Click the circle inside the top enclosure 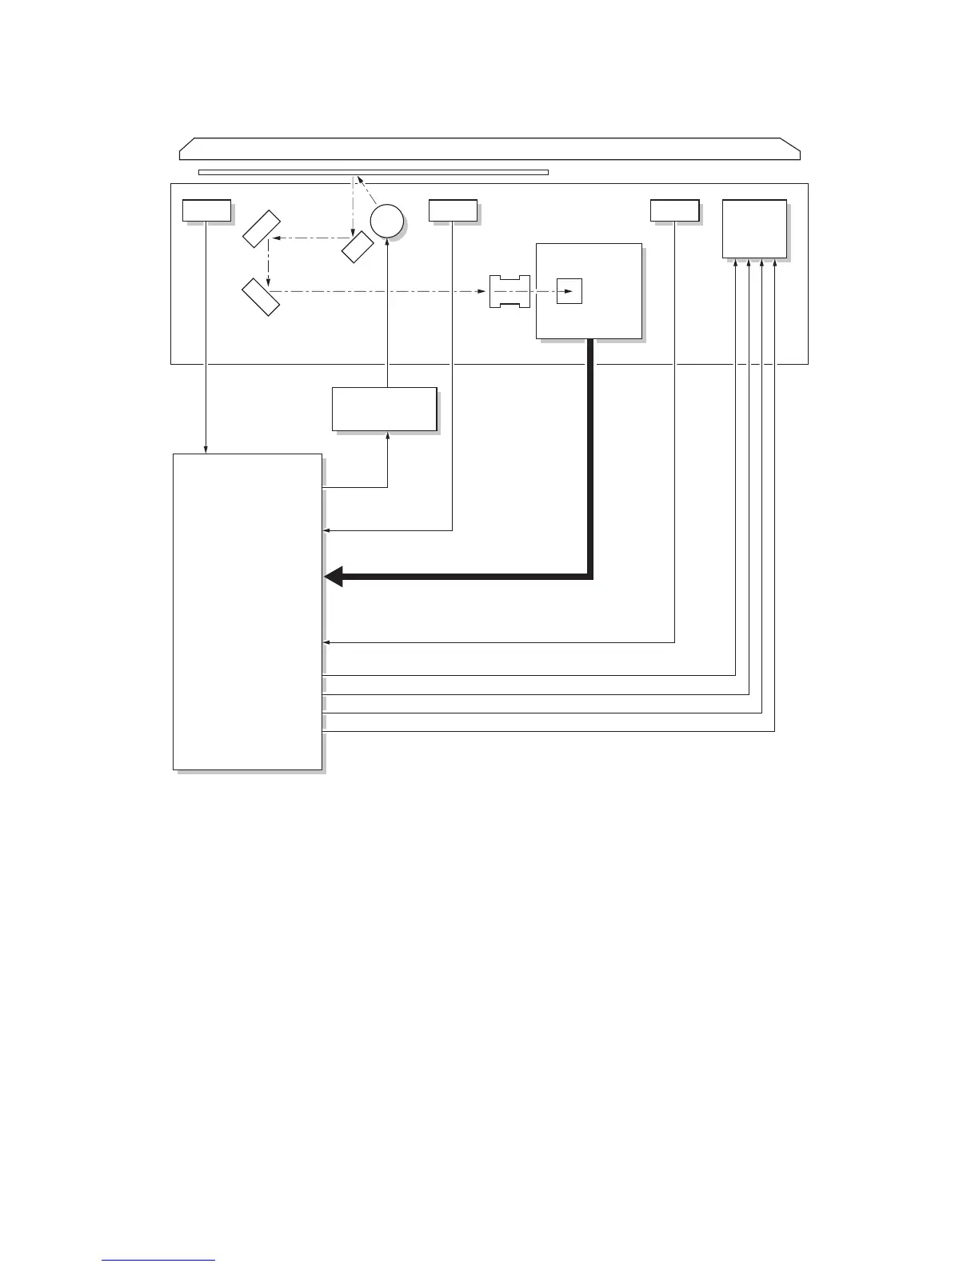pyautogui.click(x=386, y=220)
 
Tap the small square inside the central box pyautogui.click(x=569, y=291)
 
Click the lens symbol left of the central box pyautogui.click(x=509, y=291)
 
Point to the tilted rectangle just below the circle pyautogui.click(x=357, y=246)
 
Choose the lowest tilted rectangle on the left pyautogui.click(x=262, y=297)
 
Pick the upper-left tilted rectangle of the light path pyautogui.click(x=262, y=229)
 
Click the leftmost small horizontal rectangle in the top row pyautogui.click(x=206, y=210)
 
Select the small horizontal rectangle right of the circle pyautogui.click(x=453, y=210)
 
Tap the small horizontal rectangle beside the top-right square pyautogui.click(x=674, y=210)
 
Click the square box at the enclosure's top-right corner pyautogui.click(x=754, y=229)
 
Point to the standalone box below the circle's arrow pyautogui.click(x=385, y=410)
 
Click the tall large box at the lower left pyautogui.click(x=248, y=612)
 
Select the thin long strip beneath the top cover pyautogui.click(x=373, y=172)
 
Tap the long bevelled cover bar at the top pyautogui.click(x=489, y=149)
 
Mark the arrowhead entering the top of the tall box pyautogui.click(x=206, y=450)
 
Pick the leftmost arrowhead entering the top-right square pyautogui.click(x=735, y=263)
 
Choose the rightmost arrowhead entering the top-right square pyautogui.click(x=775, y=263)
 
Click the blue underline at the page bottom pyautogui.click(x=158, y=1261)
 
